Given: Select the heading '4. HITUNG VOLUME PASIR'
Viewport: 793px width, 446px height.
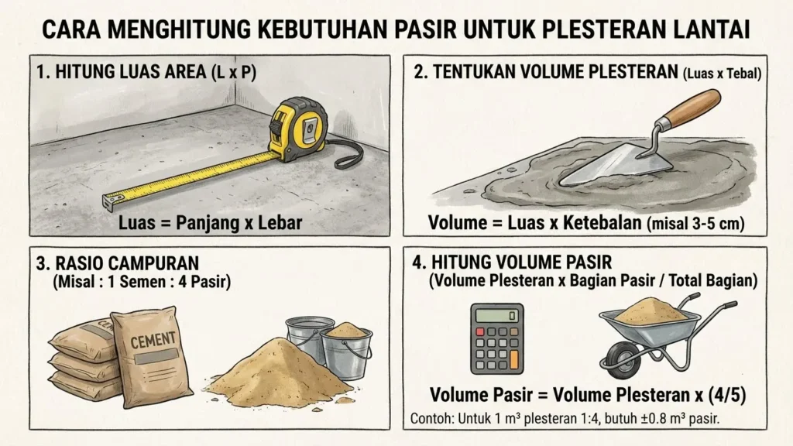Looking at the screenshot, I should pos(518,263).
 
